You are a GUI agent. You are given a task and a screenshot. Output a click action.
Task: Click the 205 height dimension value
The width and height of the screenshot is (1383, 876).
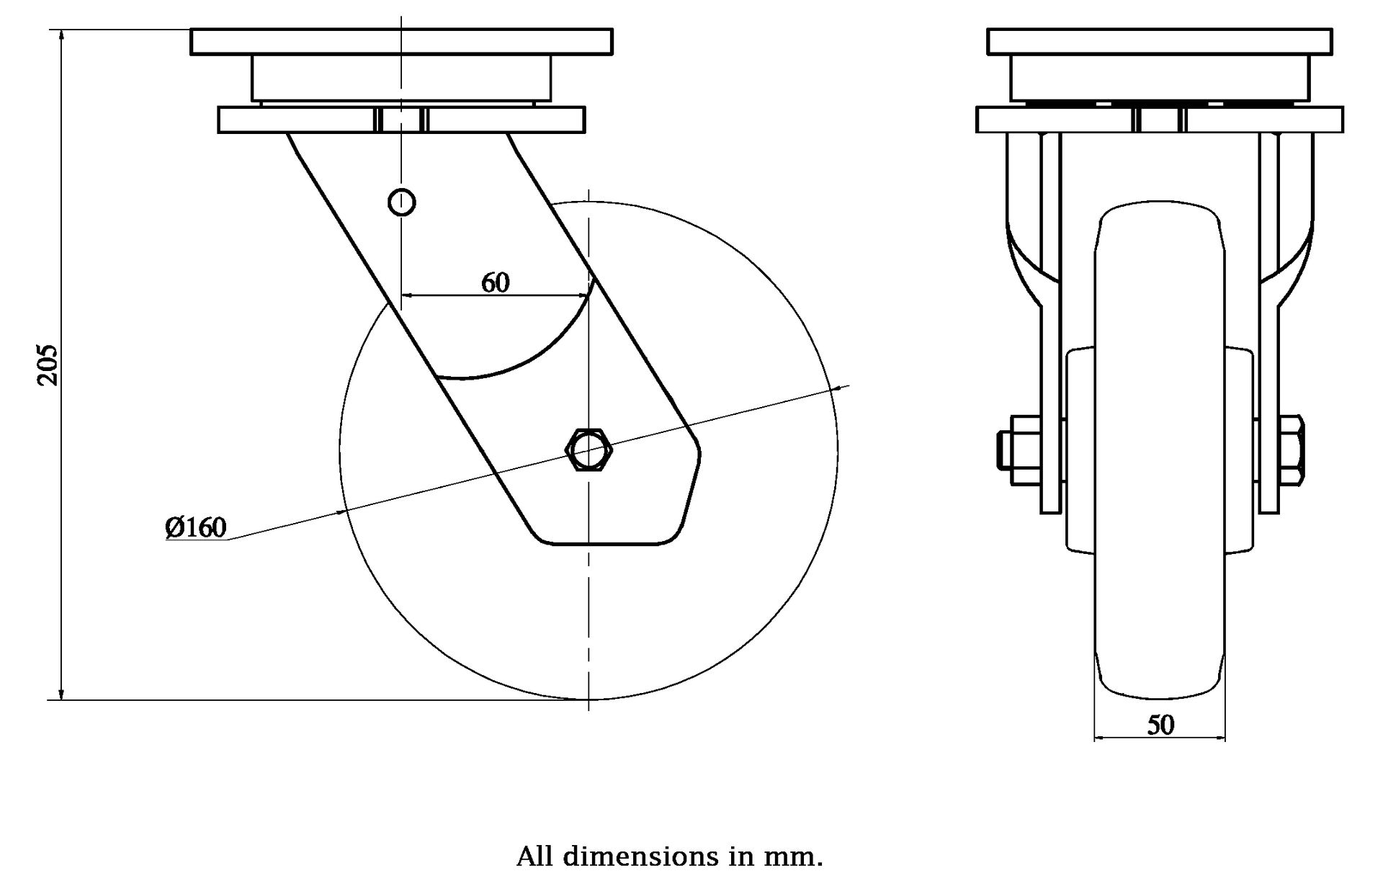point(48,365)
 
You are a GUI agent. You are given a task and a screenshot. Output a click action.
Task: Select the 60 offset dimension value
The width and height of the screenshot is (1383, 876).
point(495,283)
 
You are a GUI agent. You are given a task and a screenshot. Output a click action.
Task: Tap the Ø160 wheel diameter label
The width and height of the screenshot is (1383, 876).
point(196,527)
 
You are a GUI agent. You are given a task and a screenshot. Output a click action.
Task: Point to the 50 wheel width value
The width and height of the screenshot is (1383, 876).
point(1160,725)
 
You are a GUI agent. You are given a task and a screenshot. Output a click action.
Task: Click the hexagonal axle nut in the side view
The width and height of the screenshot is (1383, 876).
point(589,450)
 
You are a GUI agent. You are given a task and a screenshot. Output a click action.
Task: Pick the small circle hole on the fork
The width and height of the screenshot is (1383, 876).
point(401,202)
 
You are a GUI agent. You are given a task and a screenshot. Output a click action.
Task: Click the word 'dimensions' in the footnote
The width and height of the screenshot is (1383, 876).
point(641,857)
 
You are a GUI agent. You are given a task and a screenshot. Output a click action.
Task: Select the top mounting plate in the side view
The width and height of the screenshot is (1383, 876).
point(401,42)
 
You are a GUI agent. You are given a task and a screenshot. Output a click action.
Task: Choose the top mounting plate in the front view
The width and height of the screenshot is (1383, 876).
point(1159,42)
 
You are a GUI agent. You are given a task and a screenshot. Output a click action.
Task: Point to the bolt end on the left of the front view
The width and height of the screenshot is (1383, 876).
point(1004,450)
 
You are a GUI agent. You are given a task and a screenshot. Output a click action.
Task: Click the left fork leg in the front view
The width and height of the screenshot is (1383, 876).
point(1051,324)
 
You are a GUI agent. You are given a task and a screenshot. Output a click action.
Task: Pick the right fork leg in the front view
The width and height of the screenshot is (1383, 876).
point(1268,324)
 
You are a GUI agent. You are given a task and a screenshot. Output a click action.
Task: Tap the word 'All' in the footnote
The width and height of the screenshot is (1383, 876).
point(534,857)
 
